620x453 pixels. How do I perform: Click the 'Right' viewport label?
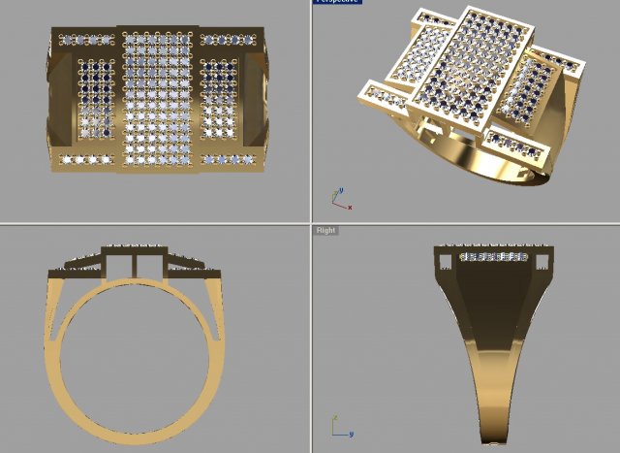click(x=325, y=230)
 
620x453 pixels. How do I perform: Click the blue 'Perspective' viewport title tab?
click(x=336, y=2)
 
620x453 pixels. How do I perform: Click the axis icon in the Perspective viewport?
click(x=340, y=200)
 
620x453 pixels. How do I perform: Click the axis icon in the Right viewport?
click(x=340, y=428)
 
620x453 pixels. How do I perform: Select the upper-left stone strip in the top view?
click(x=86, y=41)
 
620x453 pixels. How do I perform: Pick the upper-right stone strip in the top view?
click(x=229, y=41)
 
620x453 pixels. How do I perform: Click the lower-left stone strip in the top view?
click(x=86, y=158)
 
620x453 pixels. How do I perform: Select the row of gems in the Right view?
click(x=493, y=257)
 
